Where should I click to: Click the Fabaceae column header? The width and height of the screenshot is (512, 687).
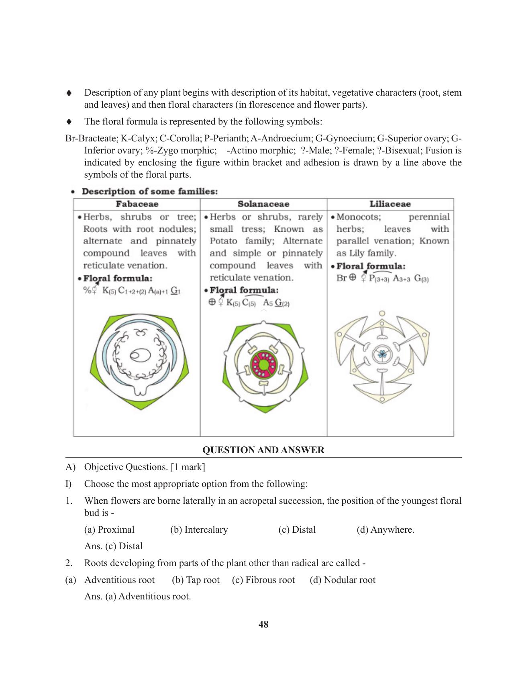(x=137, y=204)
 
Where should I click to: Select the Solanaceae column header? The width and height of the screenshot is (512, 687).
(x=263, y=204)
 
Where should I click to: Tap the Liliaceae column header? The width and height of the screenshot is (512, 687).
(x=390, y=204)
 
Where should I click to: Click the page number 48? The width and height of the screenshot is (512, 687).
(x=263, y=624)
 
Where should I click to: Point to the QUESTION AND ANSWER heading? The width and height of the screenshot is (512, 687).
(x=263, y=450)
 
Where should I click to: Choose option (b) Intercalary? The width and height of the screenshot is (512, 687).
(x=199, y=530)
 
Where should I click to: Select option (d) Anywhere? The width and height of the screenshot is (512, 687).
(x=385, y=530)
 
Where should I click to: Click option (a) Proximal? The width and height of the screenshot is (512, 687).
(x=109, y=530)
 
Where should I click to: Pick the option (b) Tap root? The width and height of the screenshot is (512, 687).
(x=196, y=580)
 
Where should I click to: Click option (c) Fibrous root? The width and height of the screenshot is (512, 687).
(x=263, y=580)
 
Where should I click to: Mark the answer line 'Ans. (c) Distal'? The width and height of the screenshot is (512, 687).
(x=113, y=546)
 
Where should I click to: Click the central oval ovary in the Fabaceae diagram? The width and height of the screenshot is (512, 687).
(x=140, y=355)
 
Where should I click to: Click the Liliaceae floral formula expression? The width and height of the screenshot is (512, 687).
(x=383, y=278)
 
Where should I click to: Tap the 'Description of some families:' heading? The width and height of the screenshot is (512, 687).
(x=149, y=192)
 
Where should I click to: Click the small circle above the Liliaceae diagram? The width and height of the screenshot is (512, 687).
(x=382, y=313)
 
